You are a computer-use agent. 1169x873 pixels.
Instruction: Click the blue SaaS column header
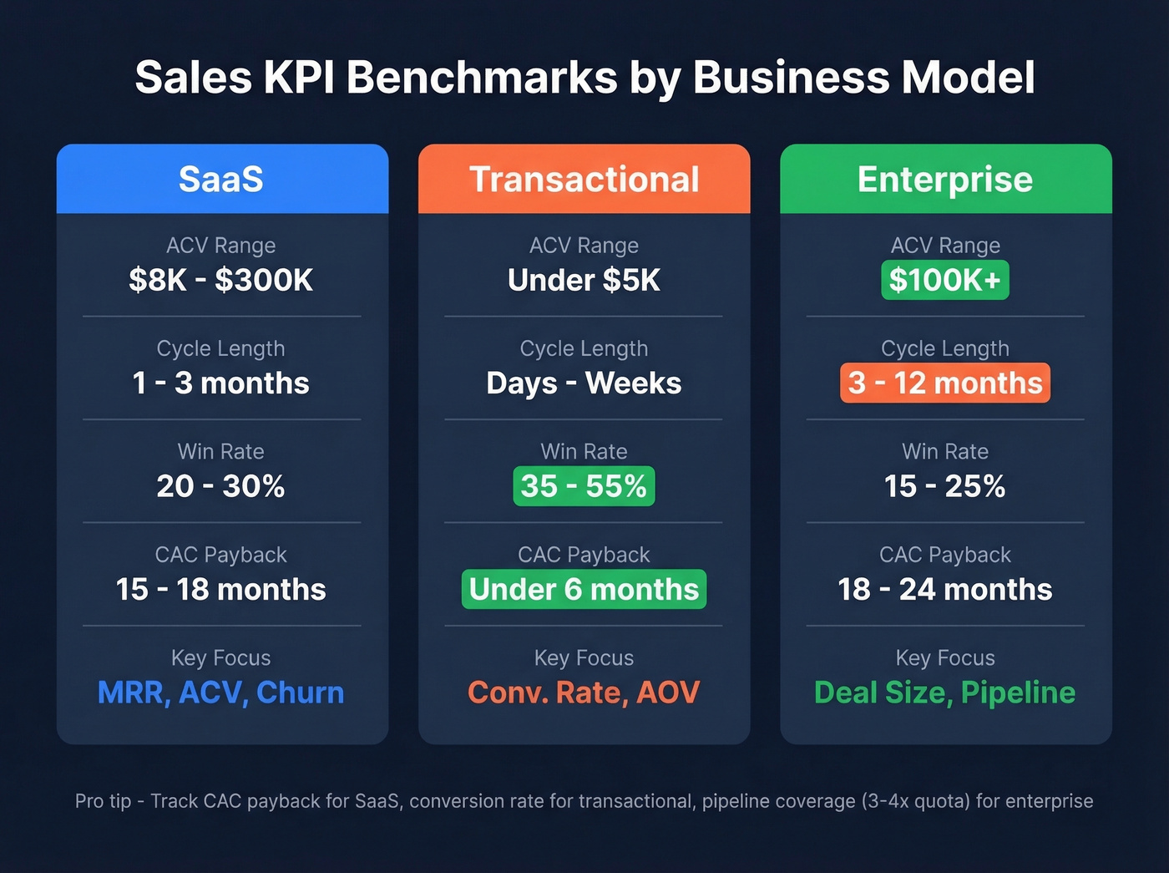coord(221,179)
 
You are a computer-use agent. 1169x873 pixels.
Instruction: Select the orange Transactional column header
coord(584,179)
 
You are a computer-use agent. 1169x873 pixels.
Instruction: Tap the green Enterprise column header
coord(945,179)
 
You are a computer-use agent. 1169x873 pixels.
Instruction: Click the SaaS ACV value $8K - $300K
coord(221,280)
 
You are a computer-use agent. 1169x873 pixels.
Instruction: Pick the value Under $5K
coord(584,280)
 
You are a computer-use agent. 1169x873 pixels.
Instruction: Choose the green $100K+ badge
coord(945,280)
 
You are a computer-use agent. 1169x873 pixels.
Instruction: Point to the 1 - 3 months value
coord(221,383)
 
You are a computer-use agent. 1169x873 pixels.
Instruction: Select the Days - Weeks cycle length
coord(584,383)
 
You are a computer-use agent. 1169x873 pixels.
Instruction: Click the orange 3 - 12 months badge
coord(945,383)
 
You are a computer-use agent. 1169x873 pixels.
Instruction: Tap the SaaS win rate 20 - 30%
coord(221,486)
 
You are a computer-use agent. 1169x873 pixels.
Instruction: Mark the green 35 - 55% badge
coord(584,486)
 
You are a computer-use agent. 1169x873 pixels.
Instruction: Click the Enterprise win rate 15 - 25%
coord(945,486)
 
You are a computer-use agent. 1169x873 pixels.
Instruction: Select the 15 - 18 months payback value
coord(221,589)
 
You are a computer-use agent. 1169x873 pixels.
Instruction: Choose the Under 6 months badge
coord(584,589)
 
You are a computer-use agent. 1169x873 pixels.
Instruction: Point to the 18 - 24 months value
coord(945,589)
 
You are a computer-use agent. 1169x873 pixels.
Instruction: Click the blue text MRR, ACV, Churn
coord(221,693)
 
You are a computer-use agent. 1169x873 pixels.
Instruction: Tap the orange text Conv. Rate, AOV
coord(584,693)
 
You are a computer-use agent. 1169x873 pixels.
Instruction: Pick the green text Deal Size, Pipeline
coord(945,693)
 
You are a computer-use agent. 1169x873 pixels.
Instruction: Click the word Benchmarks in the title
coord(482,78)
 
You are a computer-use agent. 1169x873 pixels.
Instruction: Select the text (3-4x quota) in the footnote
coord(914,801)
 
